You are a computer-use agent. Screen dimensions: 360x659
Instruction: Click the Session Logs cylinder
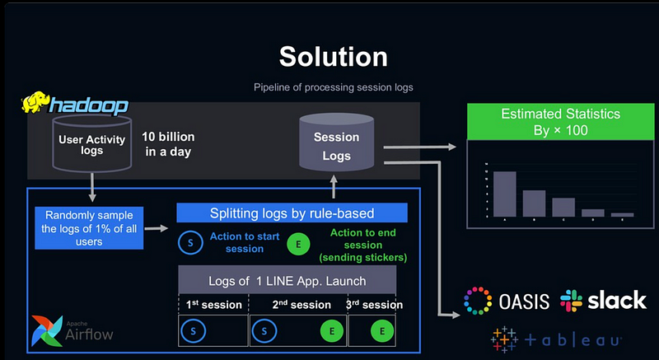point(336,146)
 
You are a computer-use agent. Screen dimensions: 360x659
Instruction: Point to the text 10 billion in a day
point(167,143)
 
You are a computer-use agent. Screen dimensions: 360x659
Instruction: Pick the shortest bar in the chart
point(623,214)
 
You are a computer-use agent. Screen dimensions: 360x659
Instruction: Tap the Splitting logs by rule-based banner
point(292,213)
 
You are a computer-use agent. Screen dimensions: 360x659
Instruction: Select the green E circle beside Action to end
point(297,244)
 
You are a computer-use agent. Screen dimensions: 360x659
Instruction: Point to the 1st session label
point(213,305)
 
